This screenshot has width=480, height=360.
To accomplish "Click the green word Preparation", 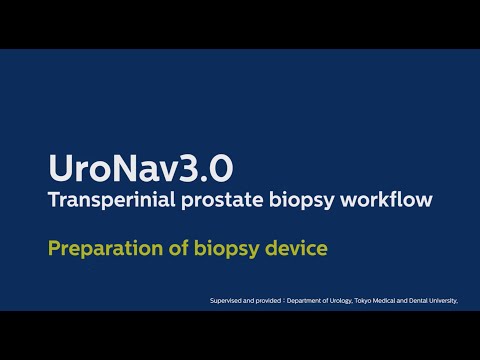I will click(x=105, y=247).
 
